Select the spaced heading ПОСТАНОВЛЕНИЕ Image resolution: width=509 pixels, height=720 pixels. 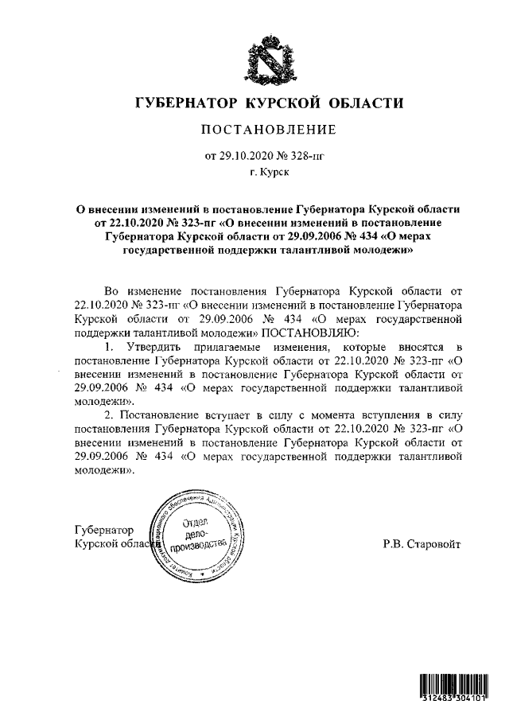pyautogui.click(x=267, y=130)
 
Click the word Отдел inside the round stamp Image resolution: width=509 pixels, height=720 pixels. pyautogui.click(x=195, y=523)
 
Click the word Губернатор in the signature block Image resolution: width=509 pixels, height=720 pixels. pyautogui.click(x=103, y=530)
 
